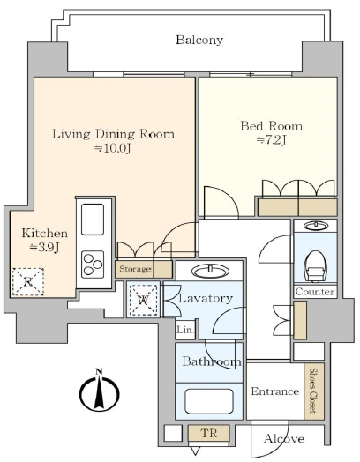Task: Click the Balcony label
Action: (x=199, y=40)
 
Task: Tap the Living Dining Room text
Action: (x=114, y=134)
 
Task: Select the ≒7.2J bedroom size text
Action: (x=271, y=140)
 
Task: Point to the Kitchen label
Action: (x=44, y=233)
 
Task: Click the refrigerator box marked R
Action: (x=28, y=282)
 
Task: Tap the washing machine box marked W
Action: (x=143, y=300)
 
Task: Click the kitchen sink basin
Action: (x=93, y=220)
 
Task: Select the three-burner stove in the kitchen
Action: (x=93, y=265)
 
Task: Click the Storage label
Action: (x=135, y=269)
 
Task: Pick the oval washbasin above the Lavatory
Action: (x=210, y=270)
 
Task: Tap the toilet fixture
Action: (x=315, y=265)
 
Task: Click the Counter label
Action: (x=315, y=292)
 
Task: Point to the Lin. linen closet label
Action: (x=186, y=330)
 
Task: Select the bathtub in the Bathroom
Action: (x=209, y=401)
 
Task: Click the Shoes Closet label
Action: (x=313, y=391)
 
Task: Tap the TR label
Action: (x=209, y=433)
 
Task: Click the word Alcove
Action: (x=284, y=439)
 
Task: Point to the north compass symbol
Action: (x=100, y=391)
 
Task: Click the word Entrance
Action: (x=275, y=391)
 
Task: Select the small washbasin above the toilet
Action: (x=316, y=226)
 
